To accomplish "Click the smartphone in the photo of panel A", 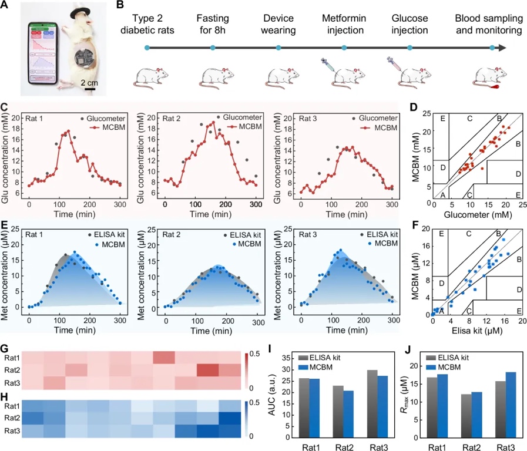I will click(x=42, y=53).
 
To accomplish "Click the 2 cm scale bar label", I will click(x=90, y=82).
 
